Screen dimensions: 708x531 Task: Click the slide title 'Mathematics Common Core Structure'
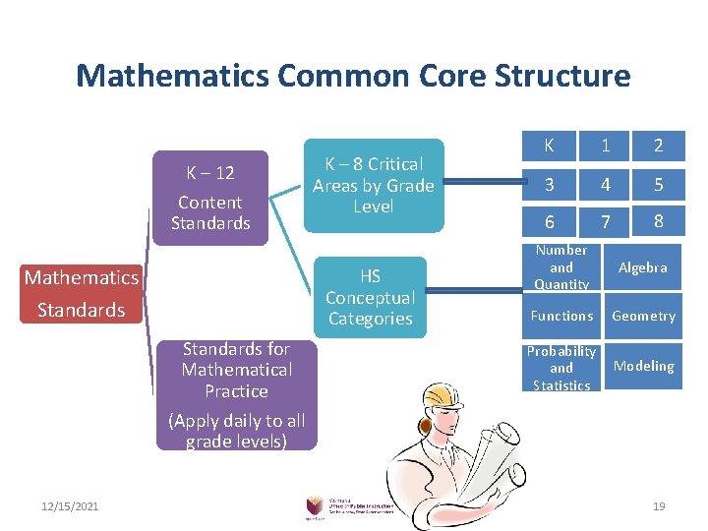coord(353,76)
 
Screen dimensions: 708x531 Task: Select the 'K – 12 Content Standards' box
coord(210,197)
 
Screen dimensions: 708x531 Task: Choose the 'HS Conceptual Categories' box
coord(371,297)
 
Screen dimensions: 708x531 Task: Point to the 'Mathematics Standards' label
coord(81,294)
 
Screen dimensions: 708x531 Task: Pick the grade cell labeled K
coord(549,146)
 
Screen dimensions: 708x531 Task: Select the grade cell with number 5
coord(658,184)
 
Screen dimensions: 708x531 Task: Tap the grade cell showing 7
coord(605,221)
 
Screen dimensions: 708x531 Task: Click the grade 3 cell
coord(549,184)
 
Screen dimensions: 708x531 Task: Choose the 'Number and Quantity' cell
coord(561,267)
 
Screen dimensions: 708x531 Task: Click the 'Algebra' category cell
coord(643,267)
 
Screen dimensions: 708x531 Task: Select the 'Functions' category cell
coord(561,316)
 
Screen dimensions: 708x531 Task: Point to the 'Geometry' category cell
coord(643,316)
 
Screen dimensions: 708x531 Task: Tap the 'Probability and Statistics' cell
coord(561,368)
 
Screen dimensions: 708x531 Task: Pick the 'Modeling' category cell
coord(643,366)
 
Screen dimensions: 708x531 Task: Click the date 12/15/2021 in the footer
coord(71,505)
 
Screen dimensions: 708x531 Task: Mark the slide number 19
coord(659,505)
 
